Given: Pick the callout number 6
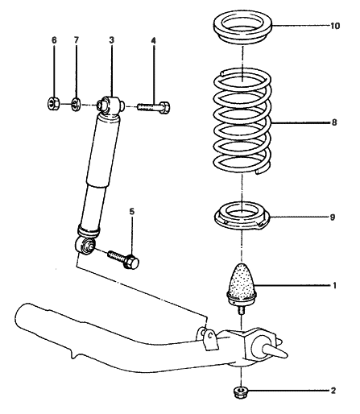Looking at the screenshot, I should (53, 39).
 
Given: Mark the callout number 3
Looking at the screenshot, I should (111, 39).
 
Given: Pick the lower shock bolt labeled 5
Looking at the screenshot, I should (121, 257).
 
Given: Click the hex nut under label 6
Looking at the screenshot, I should (53, 102).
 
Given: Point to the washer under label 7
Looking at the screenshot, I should (76, 103).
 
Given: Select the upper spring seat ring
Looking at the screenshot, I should (243, 31).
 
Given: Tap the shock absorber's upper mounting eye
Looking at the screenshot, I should (108, 105).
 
